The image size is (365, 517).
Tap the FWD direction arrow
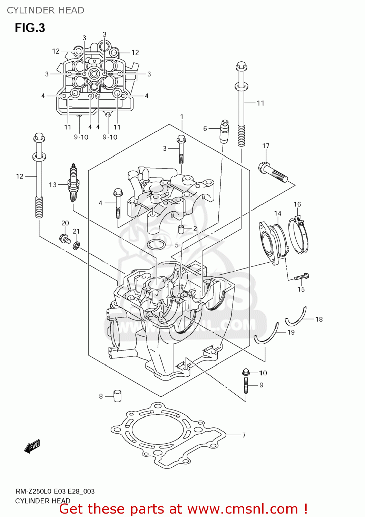32,446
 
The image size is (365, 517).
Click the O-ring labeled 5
156,245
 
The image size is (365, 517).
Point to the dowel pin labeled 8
117,396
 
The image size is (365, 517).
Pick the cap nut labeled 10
246,372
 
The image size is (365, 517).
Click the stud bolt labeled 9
246,385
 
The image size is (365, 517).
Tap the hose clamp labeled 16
299,236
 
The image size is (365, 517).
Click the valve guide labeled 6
224,131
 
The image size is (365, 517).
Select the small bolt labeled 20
64,239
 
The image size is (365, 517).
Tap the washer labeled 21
76,245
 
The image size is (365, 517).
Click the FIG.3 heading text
30,28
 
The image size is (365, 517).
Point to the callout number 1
181,117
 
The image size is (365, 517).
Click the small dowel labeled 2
180,229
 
